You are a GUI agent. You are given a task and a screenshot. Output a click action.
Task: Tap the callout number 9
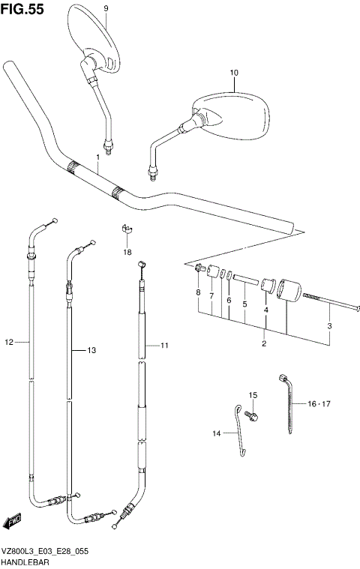tap(106, 7)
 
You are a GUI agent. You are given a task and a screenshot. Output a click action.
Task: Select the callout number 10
tap(233, 73)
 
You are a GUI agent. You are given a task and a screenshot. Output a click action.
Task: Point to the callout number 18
tap(127, 252)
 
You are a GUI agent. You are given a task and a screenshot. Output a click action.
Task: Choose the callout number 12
tap(10, 343)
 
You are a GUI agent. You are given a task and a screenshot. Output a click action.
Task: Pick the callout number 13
tap(92, 350)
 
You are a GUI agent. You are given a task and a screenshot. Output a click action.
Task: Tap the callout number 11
tap(165, 346)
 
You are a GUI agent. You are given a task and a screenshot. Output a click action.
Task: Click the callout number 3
tap(328, 325)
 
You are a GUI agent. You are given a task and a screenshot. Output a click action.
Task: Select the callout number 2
tap(264, 343)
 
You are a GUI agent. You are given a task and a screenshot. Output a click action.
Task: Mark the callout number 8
tap(198, 292)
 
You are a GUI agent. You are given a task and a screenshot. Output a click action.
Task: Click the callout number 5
tap(244, 304)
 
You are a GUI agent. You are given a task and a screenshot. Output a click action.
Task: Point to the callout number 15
tap(253, 395)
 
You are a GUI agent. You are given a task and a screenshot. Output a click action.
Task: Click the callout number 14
tap(216, 433)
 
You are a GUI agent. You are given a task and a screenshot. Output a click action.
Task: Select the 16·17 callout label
tap(318, 403)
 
